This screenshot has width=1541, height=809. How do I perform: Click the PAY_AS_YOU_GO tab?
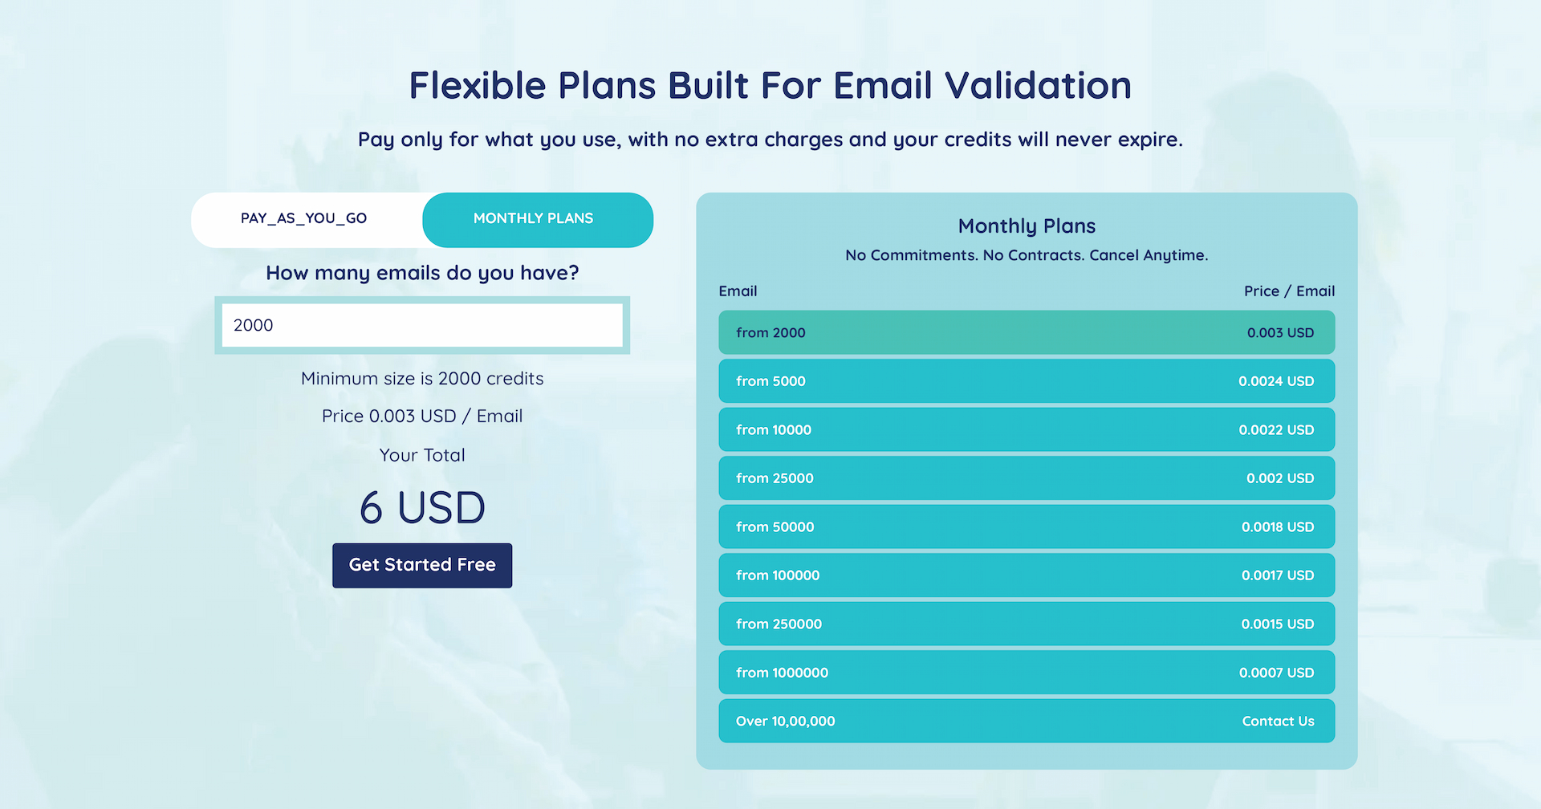[x=305, y=219]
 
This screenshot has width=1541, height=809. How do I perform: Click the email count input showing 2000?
[x=422, y=325]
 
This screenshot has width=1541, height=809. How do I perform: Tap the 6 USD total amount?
[x=422, y=508]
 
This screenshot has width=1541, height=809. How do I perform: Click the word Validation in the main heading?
[x=1038, y=85]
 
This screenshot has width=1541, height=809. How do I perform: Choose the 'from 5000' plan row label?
[x=770, y=381]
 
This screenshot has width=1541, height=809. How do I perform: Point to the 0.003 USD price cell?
[x=1280, y=333]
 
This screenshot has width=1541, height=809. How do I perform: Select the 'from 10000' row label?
[x=774, y=430]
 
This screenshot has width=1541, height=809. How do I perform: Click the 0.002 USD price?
[x=1280, y=478]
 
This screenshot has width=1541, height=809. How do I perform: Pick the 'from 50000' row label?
[x=775, y=527]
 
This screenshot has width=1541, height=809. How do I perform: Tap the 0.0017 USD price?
[x=1278, y=575]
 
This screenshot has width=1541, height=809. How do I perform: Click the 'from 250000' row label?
[x=779, y=624]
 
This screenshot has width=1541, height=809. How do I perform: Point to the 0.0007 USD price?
[x=1276, y=673]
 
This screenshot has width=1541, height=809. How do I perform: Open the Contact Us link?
[x=1278, y=722]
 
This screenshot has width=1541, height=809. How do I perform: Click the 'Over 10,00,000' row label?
[x=785, y=722]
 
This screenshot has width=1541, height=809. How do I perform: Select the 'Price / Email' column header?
[x=1289, y=291]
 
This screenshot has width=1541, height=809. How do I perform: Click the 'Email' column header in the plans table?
[x=738, y=291]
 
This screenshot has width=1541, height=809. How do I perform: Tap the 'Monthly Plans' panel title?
[x=1027, y=226]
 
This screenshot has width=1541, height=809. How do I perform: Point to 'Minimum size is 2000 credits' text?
[x=422, y=379]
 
